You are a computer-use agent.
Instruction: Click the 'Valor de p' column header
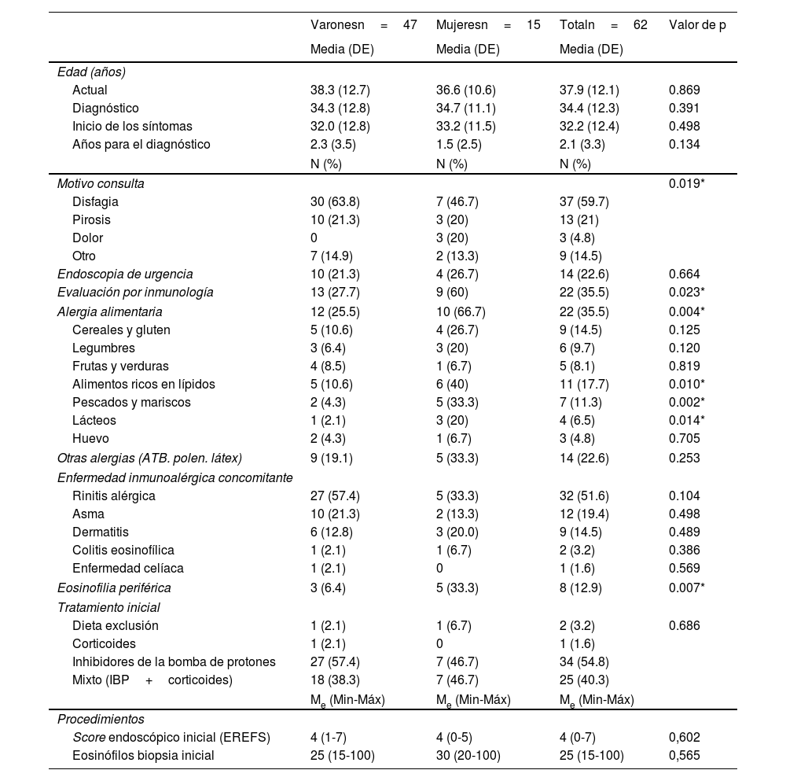697,24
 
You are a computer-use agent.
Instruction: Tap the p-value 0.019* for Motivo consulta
687,183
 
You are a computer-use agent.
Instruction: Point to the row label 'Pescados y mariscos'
131,402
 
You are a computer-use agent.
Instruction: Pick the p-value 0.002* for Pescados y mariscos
687,402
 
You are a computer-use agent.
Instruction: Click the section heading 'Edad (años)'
91,72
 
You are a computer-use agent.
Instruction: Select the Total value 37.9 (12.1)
589,90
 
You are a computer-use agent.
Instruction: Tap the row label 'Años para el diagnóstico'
141,144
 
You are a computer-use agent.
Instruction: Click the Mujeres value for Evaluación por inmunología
454,292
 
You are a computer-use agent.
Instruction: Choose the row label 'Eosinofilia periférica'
114,588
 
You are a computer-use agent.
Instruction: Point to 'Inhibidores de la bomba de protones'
174,661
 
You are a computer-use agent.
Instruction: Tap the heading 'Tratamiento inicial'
108,607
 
